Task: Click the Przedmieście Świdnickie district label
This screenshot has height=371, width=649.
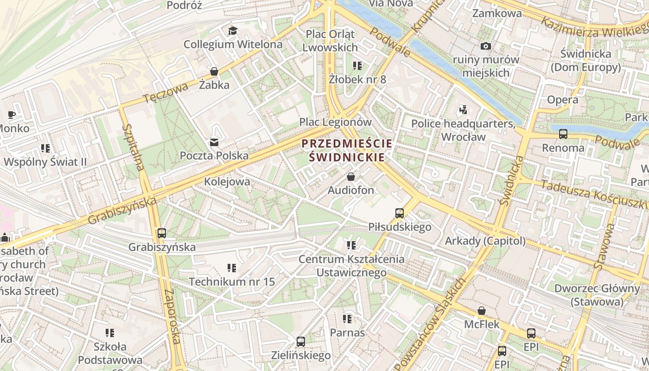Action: [347, 150]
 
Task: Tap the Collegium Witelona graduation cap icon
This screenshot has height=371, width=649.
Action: [233, 31]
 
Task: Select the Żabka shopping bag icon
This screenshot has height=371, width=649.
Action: [214, 71]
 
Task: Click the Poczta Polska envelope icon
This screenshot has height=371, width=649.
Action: [214, 142]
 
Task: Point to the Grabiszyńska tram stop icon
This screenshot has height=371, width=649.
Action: [162, 233]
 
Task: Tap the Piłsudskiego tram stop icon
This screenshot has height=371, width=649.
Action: [400, 213]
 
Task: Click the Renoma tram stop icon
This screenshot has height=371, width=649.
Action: [563, 134]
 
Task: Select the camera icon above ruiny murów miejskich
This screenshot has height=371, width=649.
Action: [486, 46]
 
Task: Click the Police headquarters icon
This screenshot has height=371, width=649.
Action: [463, 110]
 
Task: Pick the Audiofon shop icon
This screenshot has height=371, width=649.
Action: [351, 177]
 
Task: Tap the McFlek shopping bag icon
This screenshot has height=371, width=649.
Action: [482, 311]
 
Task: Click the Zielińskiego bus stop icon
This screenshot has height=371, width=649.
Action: [301, 342]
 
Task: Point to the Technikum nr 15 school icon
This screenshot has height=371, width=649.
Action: [232, 268]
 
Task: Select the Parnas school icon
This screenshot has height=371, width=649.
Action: [347, 319]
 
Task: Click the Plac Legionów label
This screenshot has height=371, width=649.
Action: [336, 122]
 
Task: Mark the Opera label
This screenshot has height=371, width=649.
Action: [562, 100]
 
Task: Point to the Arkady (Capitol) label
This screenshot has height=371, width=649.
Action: [485, 241]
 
